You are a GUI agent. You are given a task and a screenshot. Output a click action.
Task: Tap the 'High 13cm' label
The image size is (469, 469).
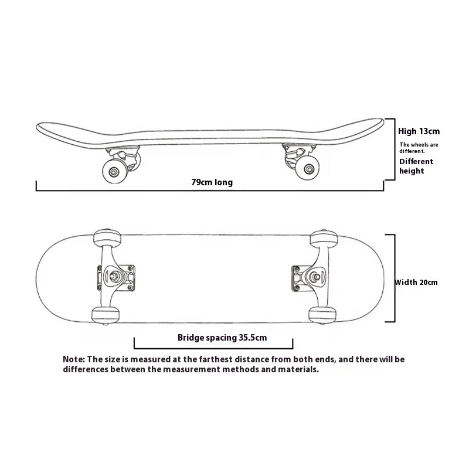click(419, 131)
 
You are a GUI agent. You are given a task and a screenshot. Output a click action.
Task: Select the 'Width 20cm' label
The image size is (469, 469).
click(416, 282)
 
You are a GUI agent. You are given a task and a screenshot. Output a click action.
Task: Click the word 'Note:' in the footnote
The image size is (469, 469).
click(74, 359)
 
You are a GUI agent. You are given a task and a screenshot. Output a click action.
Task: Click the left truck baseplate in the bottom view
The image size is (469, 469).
click(117, 276)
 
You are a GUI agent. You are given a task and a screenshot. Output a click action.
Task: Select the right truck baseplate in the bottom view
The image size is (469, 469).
click(307, 277)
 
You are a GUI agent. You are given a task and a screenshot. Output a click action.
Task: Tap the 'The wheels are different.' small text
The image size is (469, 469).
click(419, 147)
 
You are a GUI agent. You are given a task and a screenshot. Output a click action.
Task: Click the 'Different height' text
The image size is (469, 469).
click(416, 166)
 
